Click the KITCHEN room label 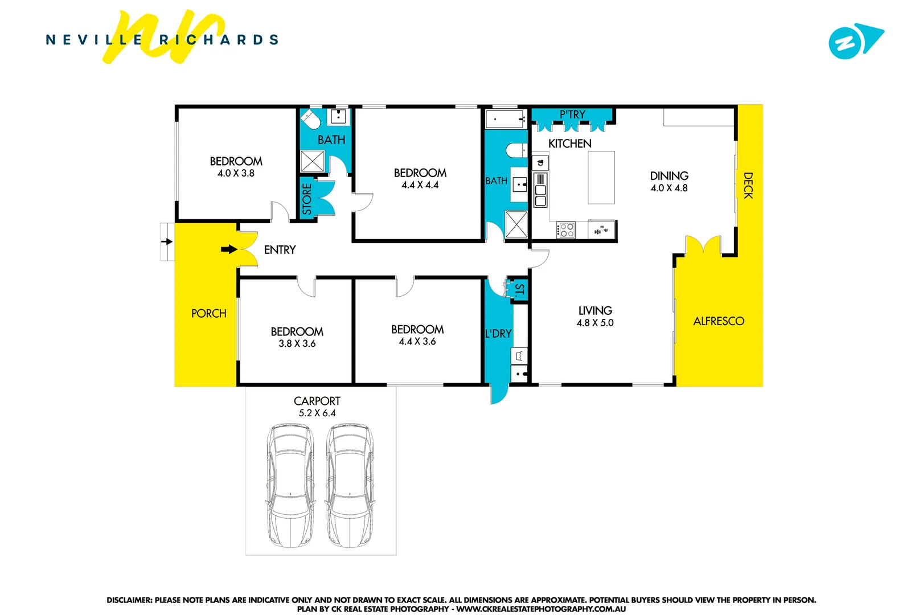[569, 143]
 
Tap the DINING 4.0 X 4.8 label [669, 182]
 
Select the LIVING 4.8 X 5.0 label [595, 317]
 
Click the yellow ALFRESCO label [719, 321]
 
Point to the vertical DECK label [748, 186]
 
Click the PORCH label [208, 314]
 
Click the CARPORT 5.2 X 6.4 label [317, 407]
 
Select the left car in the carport [290, 485]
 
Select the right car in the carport [350, 485]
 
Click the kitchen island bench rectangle [601, 177]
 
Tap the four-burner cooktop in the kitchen [567, 230]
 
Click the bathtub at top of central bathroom [505, 120]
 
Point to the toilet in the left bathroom [310, 120]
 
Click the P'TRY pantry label [572, 114]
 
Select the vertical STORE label [307, 199]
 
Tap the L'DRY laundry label [498, 334]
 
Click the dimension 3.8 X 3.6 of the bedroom [297, 344]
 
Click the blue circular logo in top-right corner [845, 43]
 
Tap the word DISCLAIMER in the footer [129, 600]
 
